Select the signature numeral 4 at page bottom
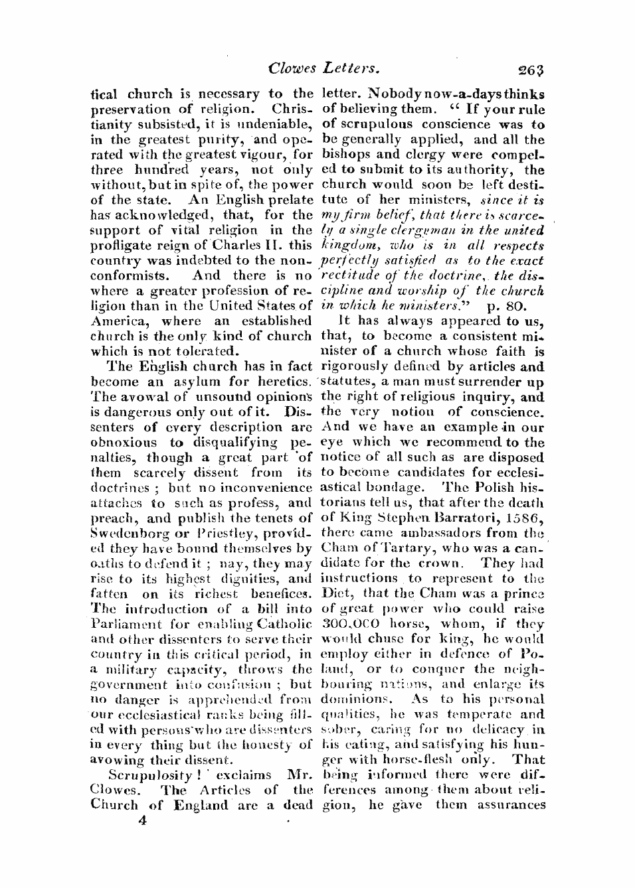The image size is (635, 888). (x=141, y=820)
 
